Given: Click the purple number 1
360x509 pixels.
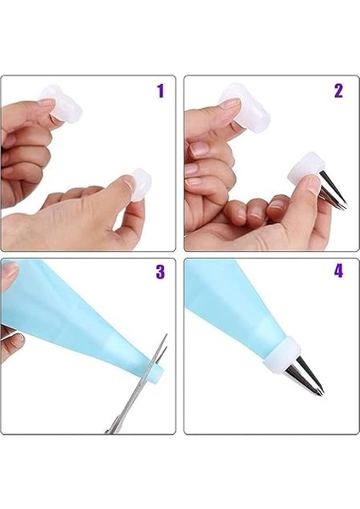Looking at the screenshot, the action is (x=160, y=91).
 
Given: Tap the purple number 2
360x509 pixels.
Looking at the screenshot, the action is (x=339, y=91).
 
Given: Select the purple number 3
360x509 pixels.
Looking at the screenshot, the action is (x=160, y=271).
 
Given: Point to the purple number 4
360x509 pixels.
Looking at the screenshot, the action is (x=339, y=271).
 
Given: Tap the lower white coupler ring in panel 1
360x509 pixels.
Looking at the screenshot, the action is (x=140, y=184).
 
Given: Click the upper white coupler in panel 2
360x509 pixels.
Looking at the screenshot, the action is (x=245, y=109).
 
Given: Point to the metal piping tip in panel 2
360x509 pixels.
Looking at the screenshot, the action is (x=332, y=191).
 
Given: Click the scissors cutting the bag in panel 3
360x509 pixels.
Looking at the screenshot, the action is (x=140, y=383).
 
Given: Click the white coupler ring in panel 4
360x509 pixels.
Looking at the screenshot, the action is (x=281, y=352).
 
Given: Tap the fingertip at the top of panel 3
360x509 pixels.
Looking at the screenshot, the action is (x=9, y=272).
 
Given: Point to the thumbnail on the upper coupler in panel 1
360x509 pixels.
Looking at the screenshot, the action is (x=46, y=107).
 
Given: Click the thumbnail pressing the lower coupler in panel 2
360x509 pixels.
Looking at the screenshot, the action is (x=314, y=182).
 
